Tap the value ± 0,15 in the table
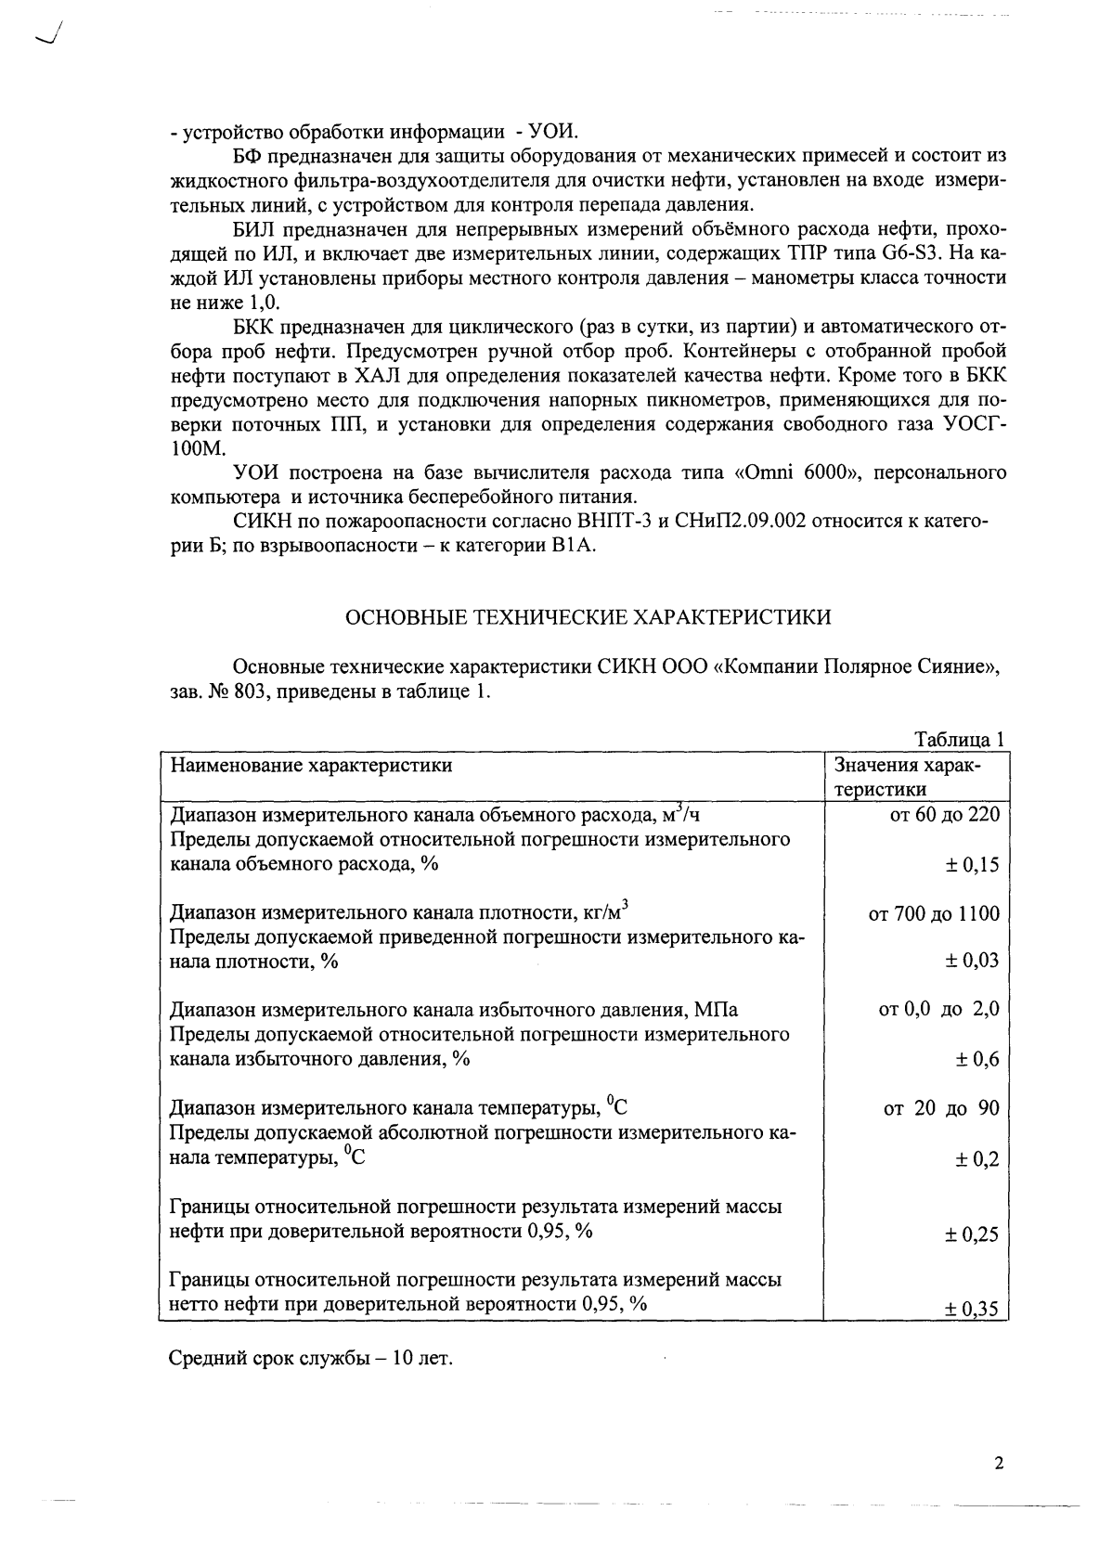pos(972,865)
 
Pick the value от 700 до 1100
pos(933,914)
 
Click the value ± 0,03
pos(972,961)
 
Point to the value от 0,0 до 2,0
pos(938,1010)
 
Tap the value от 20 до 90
pos(940,1108)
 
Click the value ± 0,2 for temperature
pos(977,1159)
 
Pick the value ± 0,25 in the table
pos(972,1234)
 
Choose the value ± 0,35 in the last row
pos(972,1310)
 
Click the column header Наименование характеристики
pos(311,766)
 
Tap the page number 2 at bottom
pos(999,1464)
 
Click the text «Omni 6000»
pos(794,473)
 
